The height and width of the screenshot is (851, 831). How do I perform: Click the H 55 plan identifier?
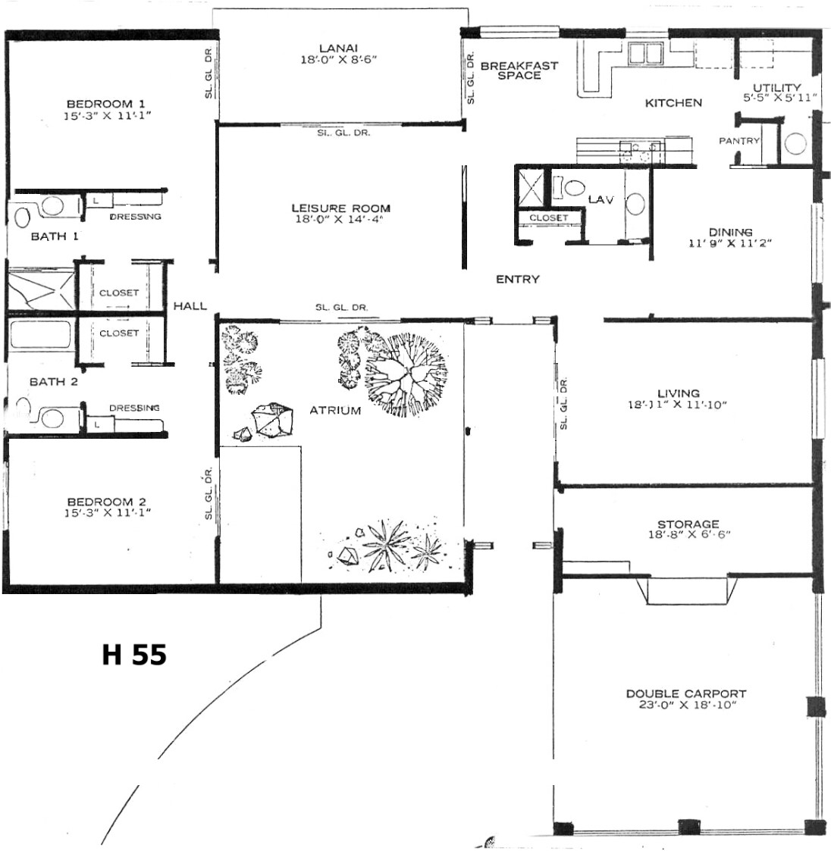point(134,655)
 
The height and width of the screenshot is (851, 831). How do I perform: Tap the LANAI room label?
point(338,48)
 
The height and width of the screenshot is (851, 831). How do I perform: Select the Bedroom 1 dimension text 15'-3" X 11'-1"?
point(107,115)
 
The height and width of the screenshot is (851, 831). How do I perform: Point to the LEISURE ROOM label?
point(341,208)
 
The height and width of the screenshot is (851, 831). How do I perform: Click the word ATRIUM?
point(335,411)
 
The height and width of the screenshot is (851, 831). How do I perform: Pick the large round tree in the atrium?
point(406,374)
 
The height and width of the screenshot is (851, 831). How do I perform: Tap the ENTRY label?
point(518,279)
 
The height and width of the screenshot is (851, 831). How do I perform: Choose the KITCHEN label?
point(673,102)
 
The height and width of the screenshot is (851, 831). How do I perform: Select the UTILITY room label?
point(776,87)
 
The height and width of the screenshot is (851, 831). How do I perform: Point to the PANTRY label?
point(739,140)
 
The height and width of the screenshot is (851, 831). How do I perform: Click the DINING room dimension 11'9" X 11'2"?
point(730,243)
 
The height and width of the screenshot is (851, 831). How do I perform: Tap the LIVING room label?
point(679,393)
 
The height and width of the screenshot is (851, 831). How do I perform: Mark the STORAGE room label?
point(688,524)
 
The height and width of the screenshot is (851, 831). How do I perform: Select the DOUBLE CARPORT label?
point(686,693)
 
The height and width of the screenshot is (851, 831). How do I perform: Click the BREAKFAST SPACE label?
point(519,70)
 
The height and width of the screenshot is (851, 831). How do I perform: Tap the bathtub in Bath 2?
point(40,334)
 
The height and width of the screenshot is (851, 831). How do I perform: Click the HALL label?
point(190,306)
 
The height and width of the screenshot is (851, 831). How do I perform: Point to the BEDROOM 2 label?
point(106,502)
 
